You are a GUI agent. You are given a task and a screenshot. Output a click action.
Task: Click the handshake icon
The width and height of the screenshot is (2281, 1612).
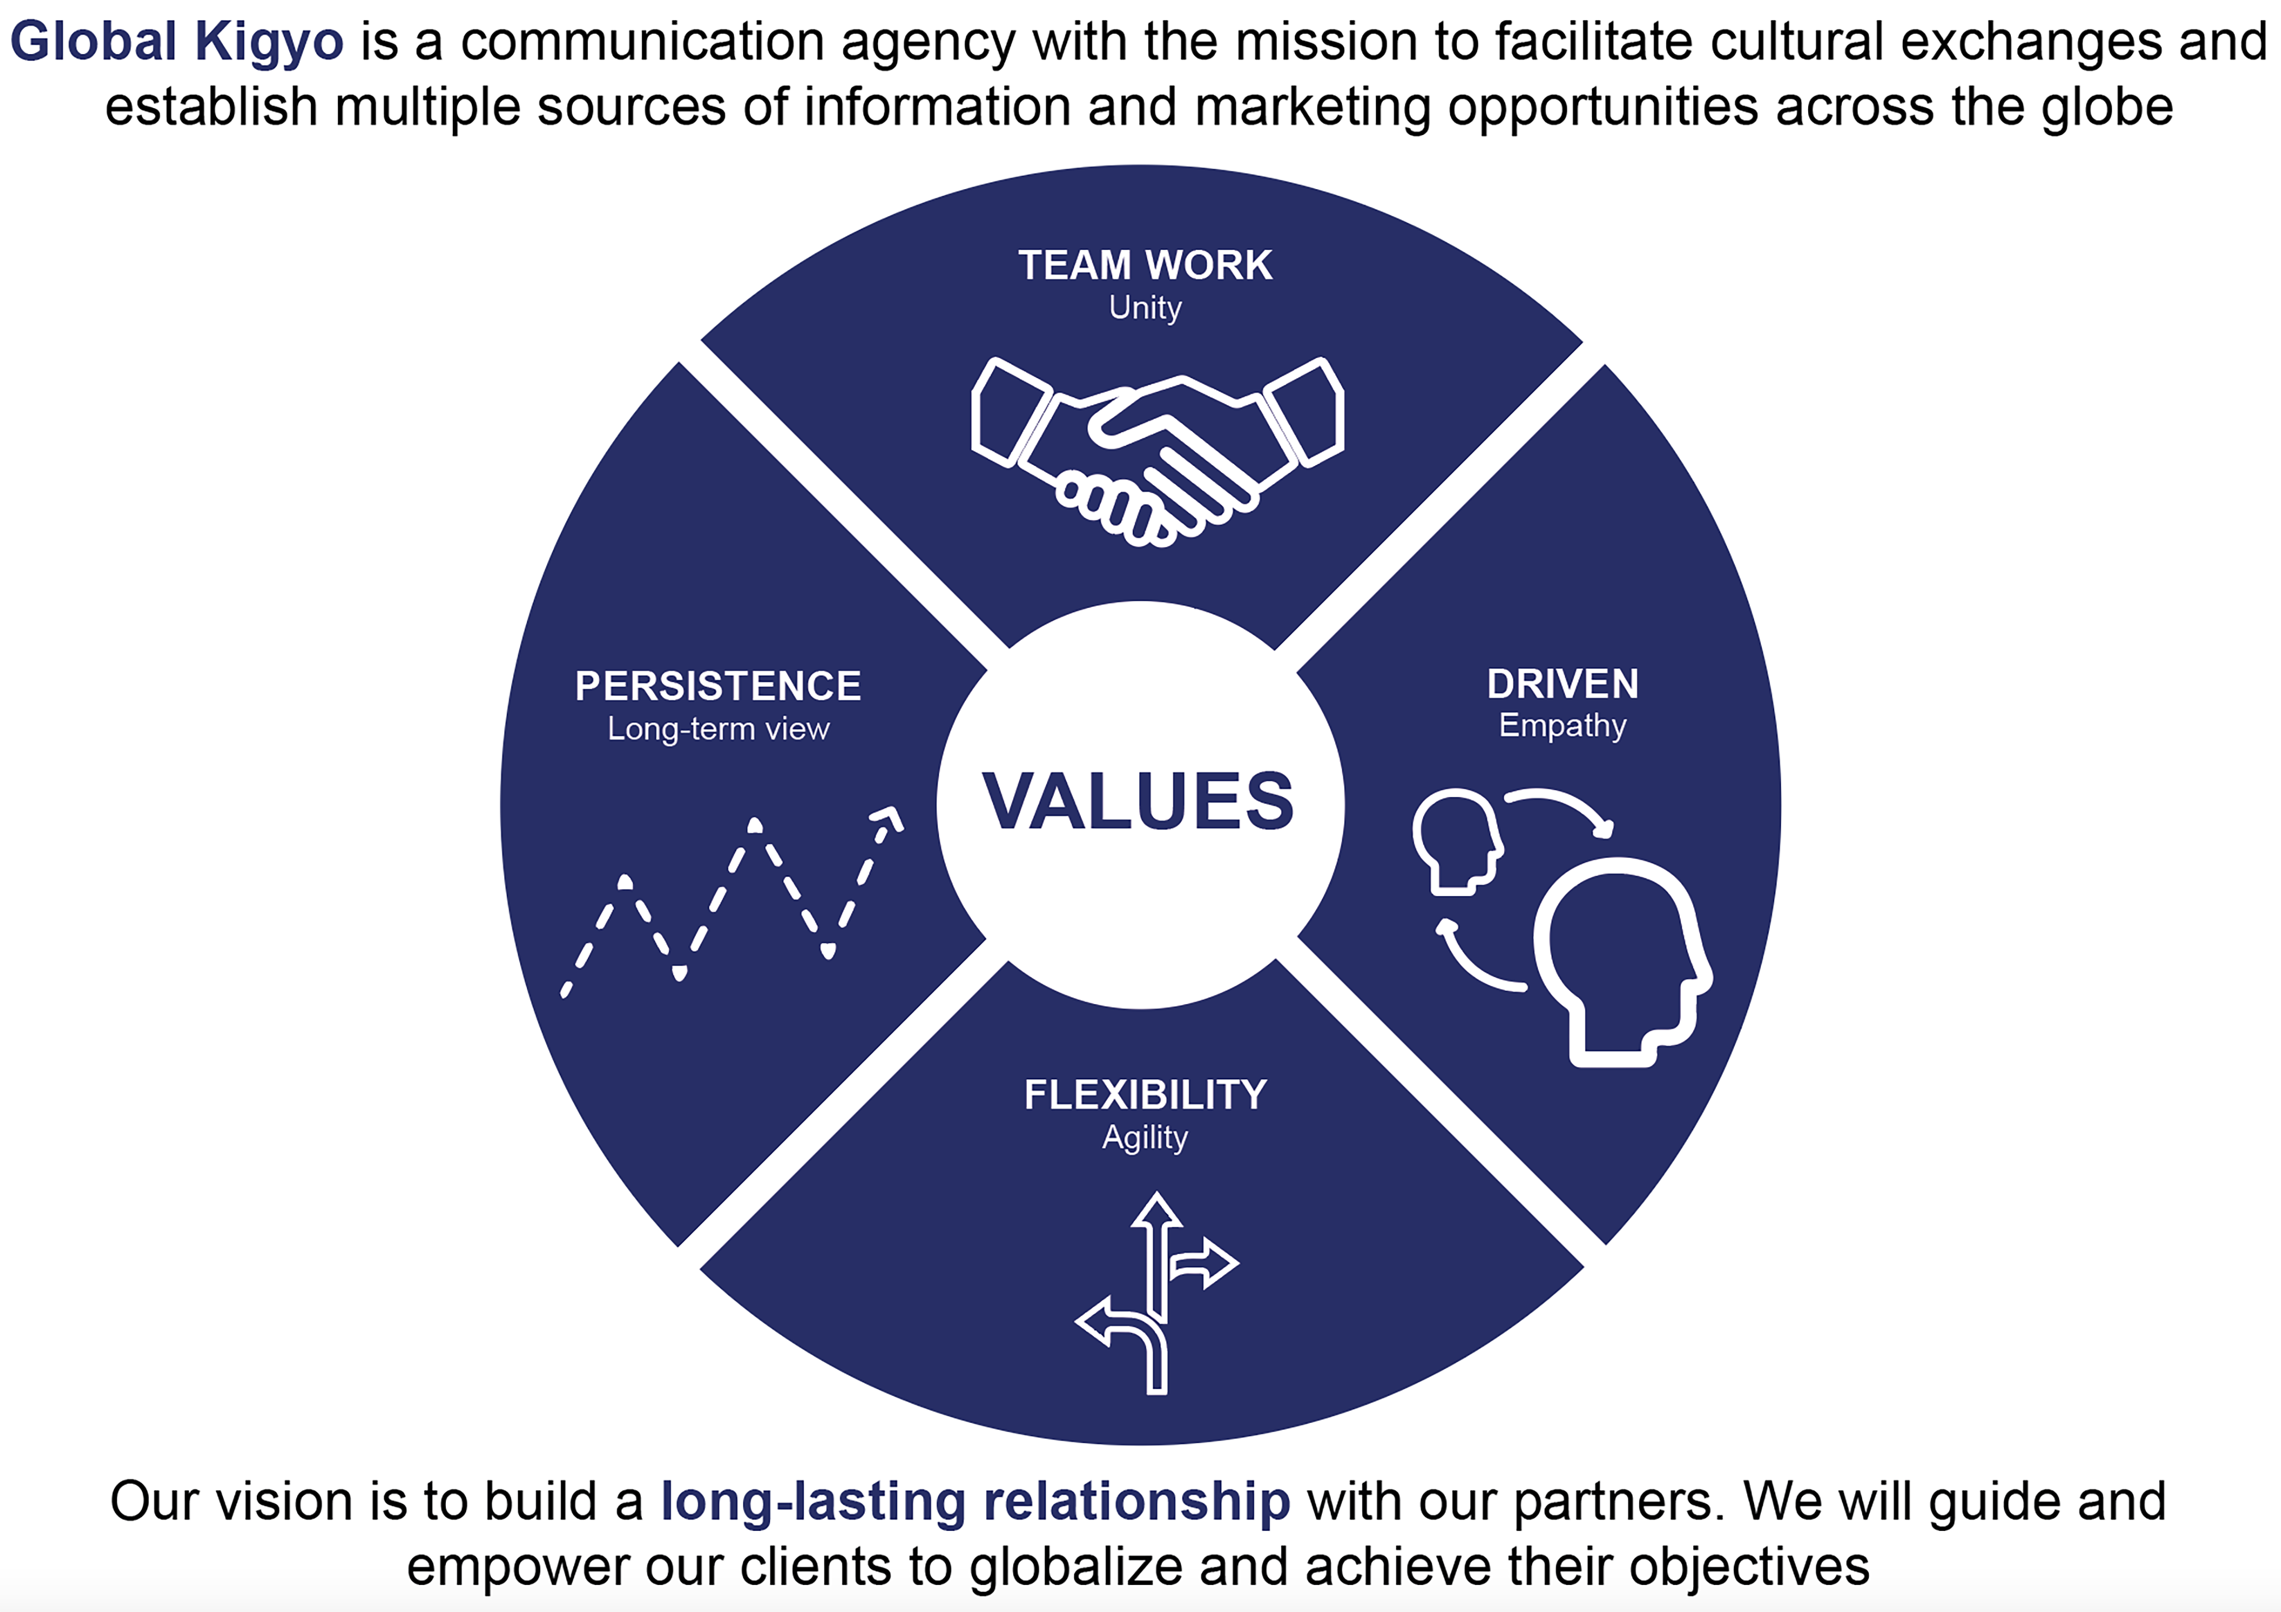tap(1158, 452)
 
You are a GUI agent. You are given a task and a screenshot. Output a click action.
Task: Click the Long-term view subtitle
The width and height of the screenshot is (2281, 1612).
tap(718, 729)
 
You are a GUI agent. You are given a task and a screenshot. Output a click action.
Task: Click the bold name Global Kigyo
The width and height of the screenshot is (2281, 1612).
tap(177, 42)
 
